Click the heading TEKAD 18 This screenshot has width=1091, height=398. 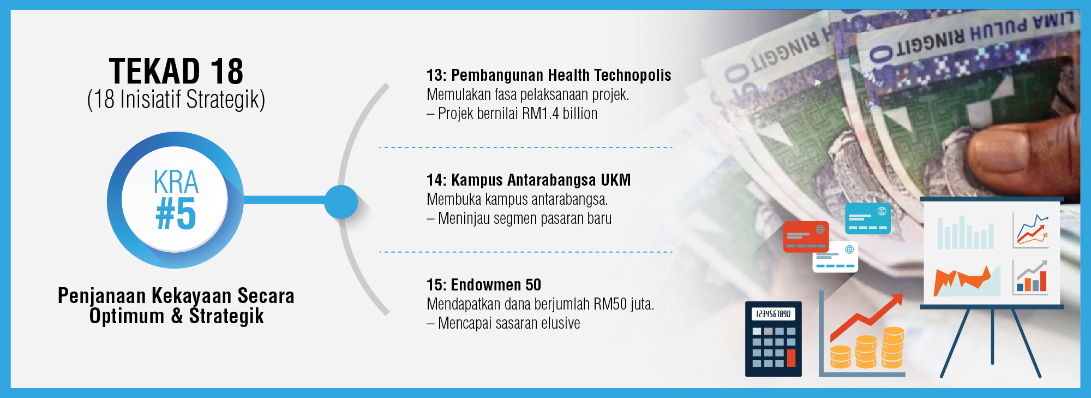176,71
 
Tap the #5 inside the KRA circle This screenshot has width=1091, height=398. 176,213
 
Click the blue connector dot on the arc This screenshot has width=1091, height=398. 341,202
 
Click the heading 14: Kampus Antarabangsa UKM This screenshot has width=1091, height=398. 529,180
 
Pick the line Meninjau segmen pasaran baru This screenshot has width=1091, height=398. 524,218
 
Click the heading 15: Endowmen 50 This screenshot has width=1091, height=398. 484,285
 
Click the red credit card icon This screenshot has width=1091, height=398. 806,237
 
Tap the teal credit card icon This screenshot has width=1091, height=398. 868,218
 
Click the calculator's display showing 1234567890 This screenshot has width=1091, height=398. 774,314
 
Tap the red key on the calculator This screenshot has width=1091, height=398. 791,358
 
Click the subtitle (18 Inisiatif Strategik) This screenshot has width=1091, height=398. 176,100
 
